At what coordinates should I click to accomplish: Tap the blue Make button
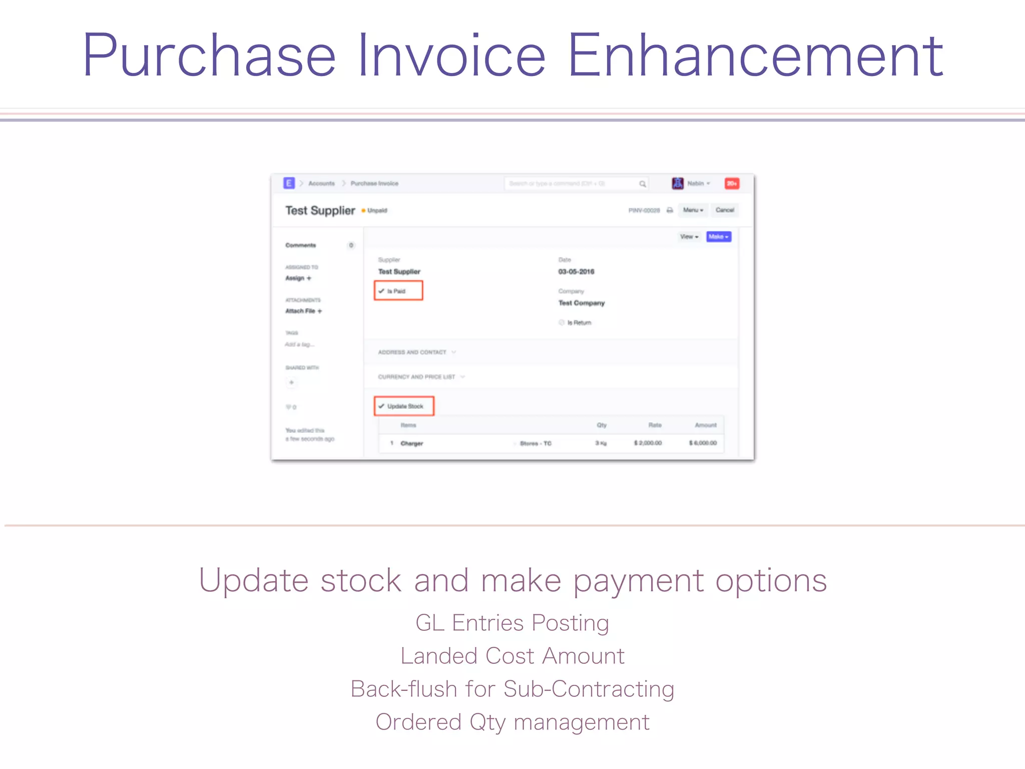[718, 237]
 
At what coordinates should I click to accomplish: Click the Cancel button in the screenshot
[724, 210]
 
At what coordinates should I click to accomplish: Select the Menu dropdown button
[693, 210]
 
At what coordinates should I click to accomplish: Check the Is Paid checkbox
[382, 291]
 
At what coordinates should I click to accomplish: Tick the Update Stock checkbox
[382, 406]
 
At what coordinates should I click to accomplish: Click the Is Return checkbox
[562, 322]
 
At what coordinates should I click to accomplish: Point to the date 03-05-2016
[576, 272]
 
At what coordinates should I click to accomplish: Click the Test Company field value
[582, 303]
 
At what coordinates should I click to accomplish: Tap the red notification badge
[732, 184]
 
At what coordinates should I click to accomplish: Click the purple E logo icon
[289, 183]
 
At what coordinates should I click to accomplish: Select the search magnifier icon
[643, 184]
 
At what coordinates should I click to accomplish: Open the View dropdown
[689, 237]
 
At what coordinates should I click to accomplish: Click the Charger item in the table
[412, 444]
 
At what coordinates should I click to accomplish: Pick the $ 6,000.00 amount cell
[703, 443]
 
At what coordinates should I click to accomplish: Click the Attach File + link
[303, 311]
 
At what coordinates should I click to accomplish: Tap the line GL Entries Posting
[512, 623]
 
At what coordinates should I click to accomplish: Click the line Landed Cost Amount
[512, 656]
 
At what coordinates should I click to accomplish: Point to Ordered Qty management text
[512, 722]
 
